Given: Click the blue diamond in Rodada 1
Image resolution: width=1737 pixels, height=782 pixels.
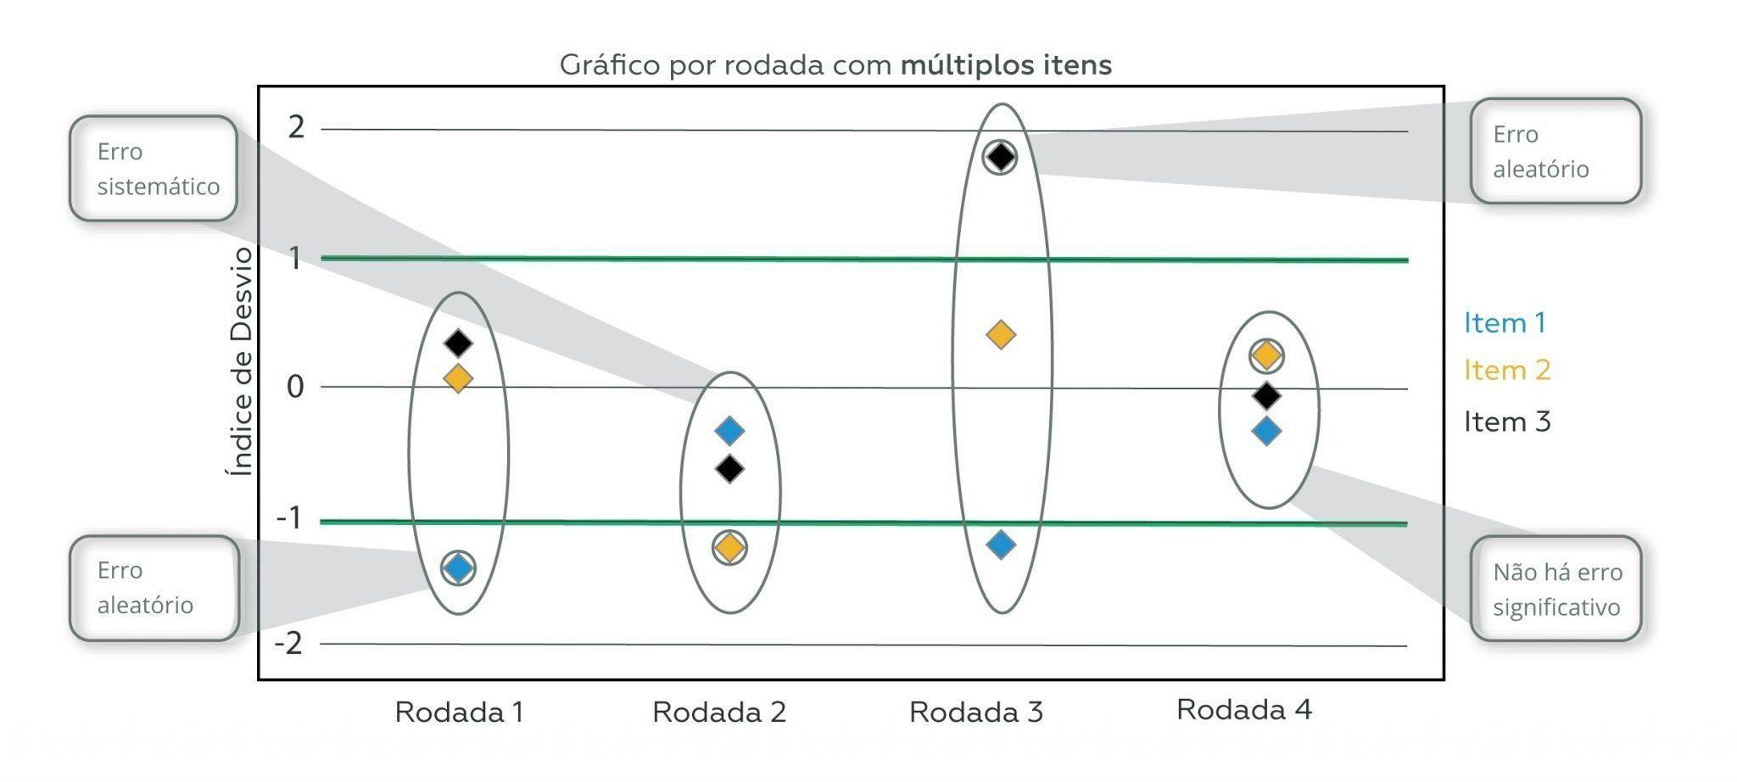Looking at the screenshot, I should (459, 567).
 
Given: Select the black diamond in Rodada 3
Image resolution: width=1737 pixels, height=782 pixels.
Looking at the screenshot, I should (1001, 157).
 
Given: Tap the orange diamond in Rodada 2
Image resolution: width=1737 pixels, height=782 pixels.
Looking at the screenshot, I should (729, 547).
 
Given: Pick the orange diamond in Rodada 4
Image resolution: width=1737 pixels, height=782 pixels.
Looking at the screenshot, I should (1266, 355).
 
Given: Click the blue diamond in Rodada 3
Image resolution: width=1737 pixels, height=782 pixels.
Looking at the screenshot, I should (1001, 545).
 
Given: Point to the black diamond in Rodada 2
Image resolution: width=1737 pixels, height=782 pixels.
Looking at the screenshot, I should (729, 468).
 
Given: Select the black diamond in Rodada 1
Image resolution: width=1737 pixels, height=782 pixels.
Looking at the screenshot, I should (459, 344).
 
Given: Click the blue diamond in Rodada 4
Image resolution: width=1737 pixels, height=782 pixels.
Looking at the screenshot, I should (1266, 431).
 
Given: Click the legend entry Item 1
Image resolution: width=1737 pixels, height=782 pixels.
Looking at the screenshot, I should (1505, 323).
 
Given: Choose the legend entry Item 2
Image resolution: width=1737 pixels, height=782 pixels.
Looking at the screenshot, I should (1506, 371).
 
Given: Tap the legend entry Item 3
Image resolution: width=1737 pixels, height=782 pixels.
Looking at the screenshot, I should (1506, 422).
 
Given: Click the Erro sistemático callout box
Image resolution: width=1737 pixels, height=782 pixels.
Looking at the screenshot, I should (154, 169).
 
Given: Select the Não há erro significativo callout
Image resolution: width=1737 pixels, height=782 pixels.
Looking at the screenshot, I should (1556, 589).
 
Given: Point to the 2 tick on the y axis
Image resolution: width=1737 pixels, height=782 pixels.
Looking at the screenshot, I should (296, 127).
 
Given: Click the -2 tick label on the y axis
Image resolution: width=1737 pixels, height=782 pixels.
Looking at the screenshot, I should (288, 644).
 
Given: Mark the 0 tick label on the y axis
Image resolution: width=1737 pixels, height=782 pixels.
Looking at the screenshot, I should (295, 387).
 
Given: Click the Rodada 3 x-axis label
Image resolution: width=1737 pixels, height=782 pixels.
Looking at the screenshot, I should (975, 712).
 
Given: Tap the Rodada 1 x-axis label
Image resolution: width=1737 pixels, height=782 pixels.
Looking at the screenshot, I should (459, 712).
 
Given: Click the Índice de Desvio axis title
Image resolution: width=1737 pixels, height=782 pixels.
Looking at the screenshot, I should (242, 361).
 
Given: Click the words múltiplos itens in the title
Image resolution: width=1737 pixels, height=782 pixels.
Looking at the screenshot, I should (1006, 64).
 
